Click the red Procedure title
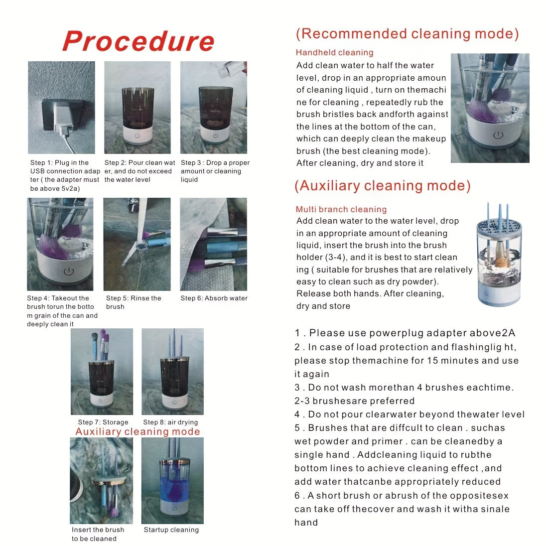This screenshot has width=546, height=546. (x=138, y=41)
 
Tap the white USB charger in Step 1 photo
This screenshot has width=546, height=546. (x=63, y=120)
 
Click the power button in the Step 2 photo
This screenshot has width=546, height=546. (x=137, y=136)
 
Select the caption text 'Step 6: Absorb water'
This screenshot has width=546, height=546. (x=214, y=298)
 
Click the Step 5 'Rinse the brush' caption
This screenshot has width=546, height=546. (x=134, y=302)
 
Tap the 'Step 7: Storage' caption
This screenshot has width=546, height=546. (x=103, y=422)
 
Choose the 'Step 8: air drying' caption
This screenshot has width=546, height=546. (x=170, y=422)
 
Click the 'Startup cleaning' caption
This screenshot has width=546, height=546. (x=171, y=530)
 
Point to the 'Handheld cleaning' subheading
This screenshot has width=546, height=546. (x=334, y=53)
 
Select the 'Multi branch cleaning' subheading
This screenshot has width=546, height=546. (x=341, y=209)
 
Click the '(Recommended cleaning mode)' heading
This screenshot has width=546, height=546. (x=407, y=34)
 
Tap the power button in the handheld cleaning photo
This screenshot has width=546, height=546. (x=498, y=135)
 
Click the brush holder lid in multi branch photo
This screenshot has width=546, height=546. (x=499, y=227)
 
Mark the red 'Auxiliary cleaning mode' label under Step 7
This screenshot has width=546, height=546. (x=137, y=432)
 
